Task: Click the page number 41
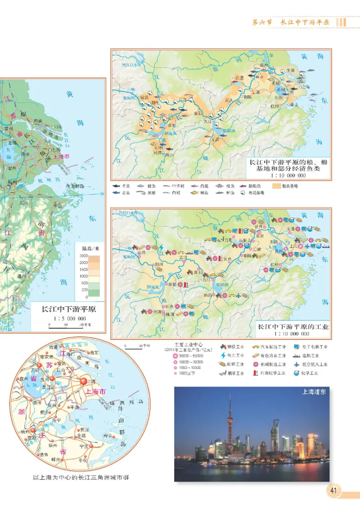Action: (x=334, y=490)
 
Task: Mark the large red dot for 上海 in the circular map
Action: (x=84, y=382)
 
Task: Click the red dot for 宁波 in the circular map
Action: (x=91, y=446)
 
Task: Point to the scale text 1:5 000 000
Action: (x=70, y=318)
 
